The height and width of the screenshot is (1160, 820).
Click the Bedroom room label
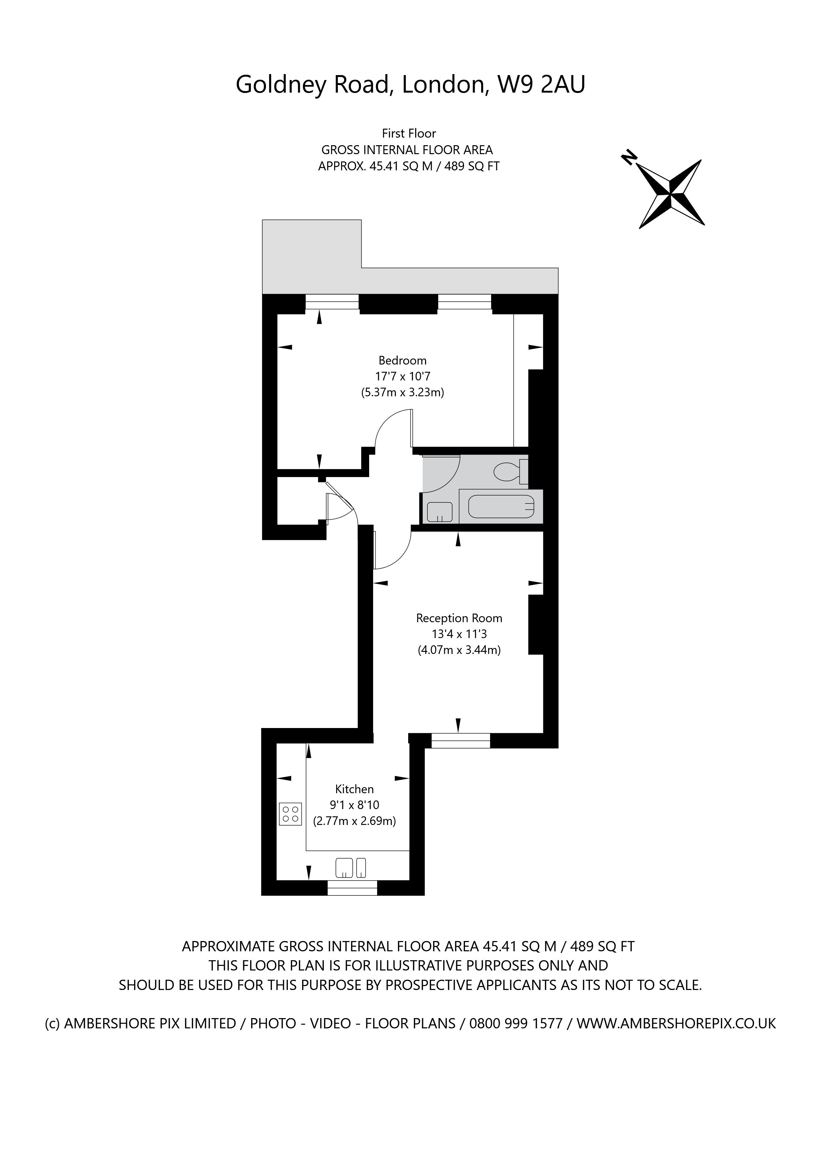[403, 360]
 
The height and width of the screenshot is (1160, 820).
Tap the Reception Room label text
[459, 618]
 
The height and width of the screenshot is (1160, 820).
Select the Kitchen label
[354, 789]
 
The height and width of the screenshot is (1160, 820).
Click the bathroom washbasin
[440, 512]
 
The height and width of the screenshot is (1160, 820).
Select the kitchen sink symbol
[351, 868]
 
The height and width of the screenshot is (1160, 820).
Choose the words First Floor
[409, 133]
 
